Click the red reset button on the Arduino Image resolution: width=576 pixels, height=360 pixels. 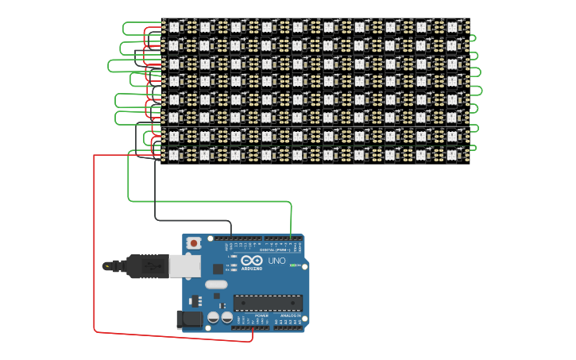tap(193, 242)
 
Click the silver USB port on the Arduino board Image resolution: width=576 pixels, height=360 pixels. tap(184, 266)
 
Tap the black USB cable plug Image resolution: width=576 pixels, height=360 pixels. tap(143, 266)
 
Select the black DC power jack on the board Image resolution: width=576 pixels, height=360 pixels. tap(187, 319)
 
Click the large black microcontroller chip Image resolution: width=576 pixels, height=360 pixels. tap(268, 303)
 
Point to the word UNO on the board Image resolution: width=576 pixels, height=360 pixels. tap(276, 261)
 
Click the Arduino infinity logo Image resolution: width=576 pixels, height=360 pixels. tap(253, 261)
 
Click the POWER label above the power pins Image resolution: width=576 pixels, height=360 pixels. tap(261, 315)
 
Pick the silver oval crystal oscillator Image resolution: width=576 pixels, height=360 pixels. tap(216, 285)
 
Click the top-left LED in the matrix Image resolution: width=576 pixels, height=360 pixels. tap(174, 26)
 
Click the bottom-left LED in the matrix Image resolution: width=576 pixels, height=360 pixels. tap(174, 154)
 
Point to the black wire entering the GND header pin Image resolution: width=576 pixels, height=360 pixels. tap(231, 232)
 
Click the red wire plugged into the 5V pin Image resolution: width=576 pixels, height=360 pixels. tap(253, 334)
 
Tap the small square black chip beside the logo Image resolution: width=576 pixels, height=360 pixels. tap(218, 269)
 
